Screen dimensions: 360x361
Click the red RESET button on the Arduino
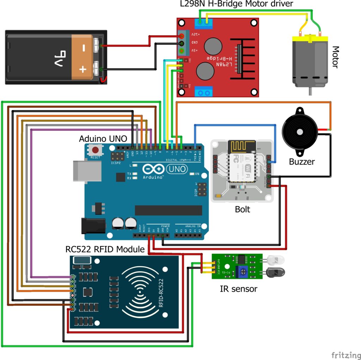(95, 149)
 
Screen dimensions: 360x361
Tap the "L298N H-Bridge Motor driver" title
(236, 5)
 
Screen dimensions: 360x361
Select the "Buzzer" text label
(302, 162)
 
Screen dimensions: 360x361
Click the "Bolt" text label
(243, 209)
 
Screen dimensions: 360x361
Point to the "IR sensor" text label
(238, 289)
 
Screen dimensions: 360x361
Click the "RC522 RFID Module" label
(105, 249)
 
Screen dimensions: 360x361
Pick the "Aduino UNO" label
(103, 138)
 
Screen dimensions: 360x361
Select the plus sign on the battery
(82, 69)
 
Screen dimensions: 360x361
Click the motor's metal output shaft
(310, 91)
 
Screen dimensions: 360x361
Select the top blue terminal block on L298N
(203, 24)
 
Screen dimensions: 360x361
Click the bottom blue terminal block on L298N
(203, 92)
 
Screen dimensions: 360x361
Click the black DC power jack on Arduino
(93, 226)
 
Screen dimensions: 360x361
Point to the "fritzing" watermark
(345, 354)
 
